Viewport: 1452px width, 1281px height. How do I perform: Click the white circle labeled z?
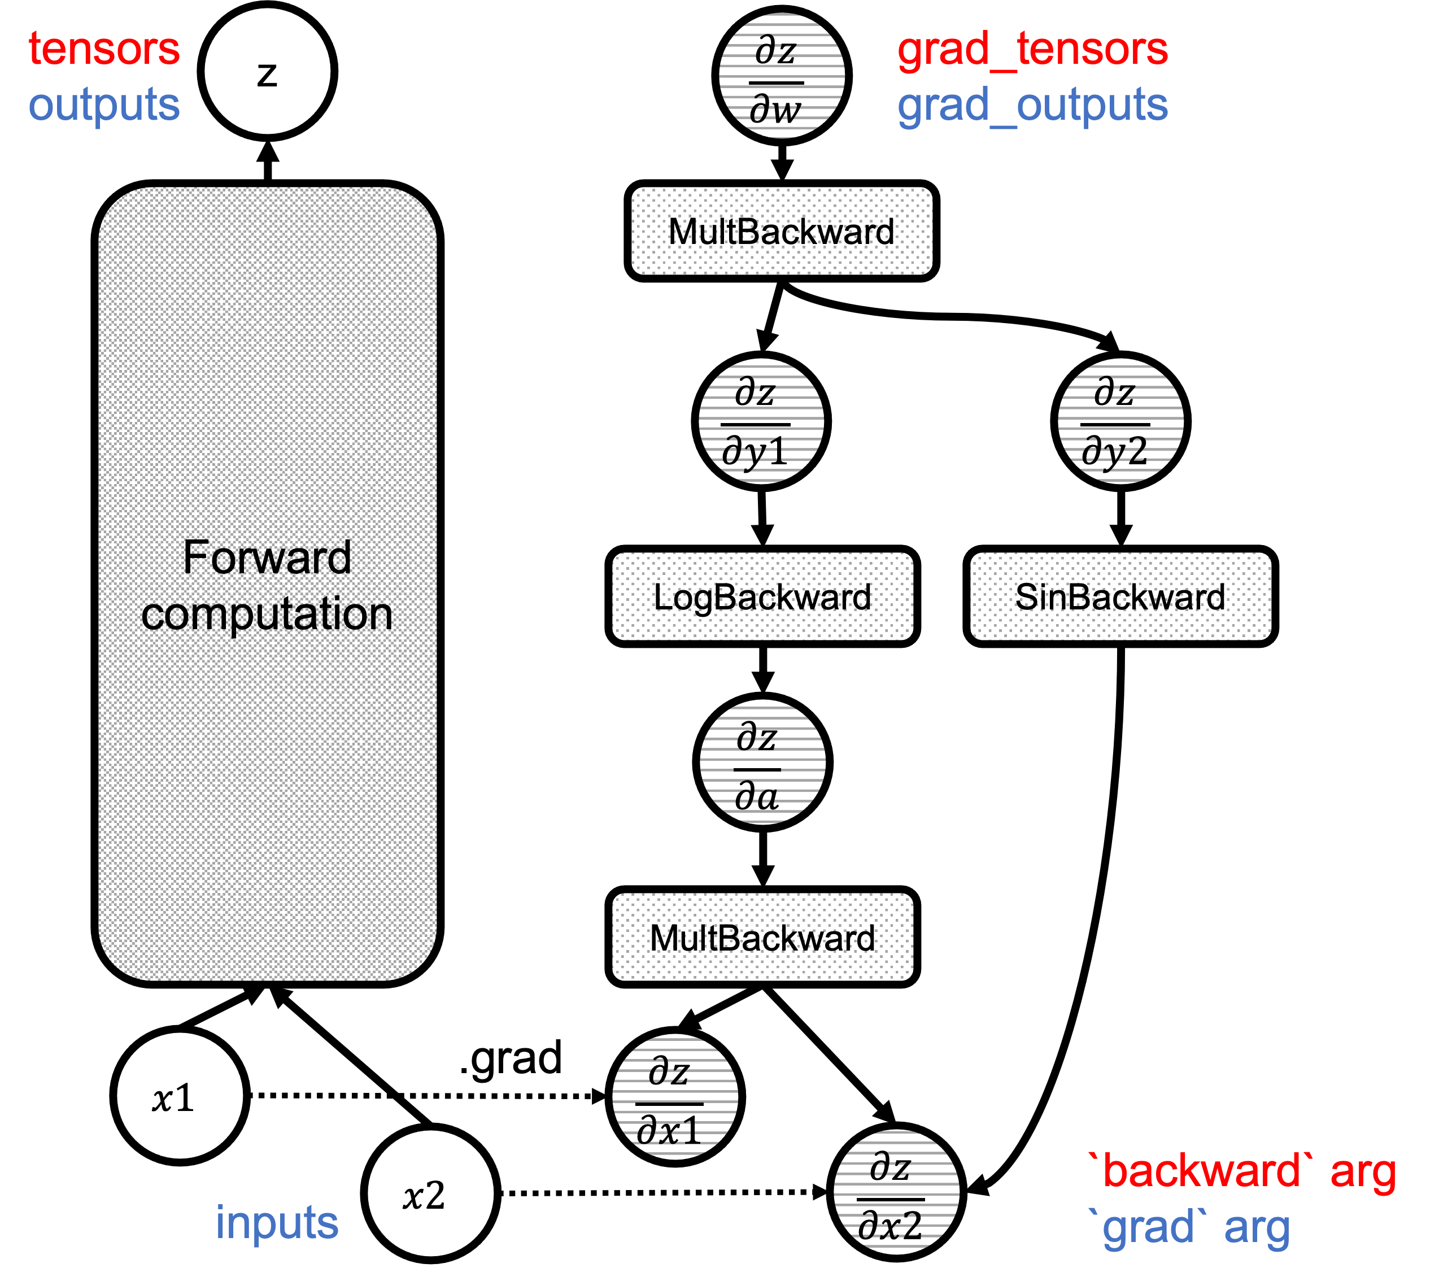[x=267, y=71]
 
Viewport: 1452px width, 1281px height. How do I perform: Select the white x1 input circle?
[x=180, y=1096]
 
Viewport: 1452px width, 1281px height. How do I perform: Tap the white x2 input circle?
[x=430, y=1193]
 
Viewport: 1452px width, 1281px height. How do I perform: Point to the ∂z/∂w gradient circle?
[x=782, y=75]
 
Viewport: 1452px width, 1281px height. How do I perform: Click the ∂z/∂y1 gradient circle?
[x=761, y=421]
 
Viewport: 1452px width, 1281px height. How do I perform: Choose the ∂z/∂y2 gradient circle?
[x=1120, y=421]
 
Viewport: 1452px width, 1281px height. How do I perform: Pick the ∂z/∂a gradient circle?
[x=762, y=762]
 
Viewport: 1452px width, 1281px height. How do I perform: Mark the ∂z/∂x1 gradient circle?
[x=675, y=1097]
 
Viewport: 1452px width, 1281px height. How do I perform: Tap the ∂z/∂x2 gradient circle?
[x=896, y=1192]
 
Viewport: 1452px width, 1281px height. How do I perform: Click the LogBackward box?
[x=762, y=596]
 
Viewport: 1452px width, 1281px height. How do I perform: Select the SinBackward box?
[x=1120, y=596]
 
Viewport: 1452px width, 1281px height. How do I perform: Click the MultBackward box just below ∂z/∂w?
[x=782, y=231]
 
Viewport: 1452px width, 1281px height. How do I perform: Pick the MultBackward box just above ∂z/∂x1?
[x=762, y=937]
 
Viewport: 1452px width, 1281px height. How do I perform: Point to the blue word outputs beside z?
[x=104, y=104]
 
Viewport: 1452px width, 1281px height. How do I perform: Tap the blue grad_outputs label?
[x=1032, y=105]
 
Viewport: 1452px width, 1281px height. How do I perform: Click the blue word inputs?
[x=277, y=1222]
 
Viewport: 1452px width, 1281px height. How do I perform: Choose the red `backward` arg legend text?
[x=1242, y=1171]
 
